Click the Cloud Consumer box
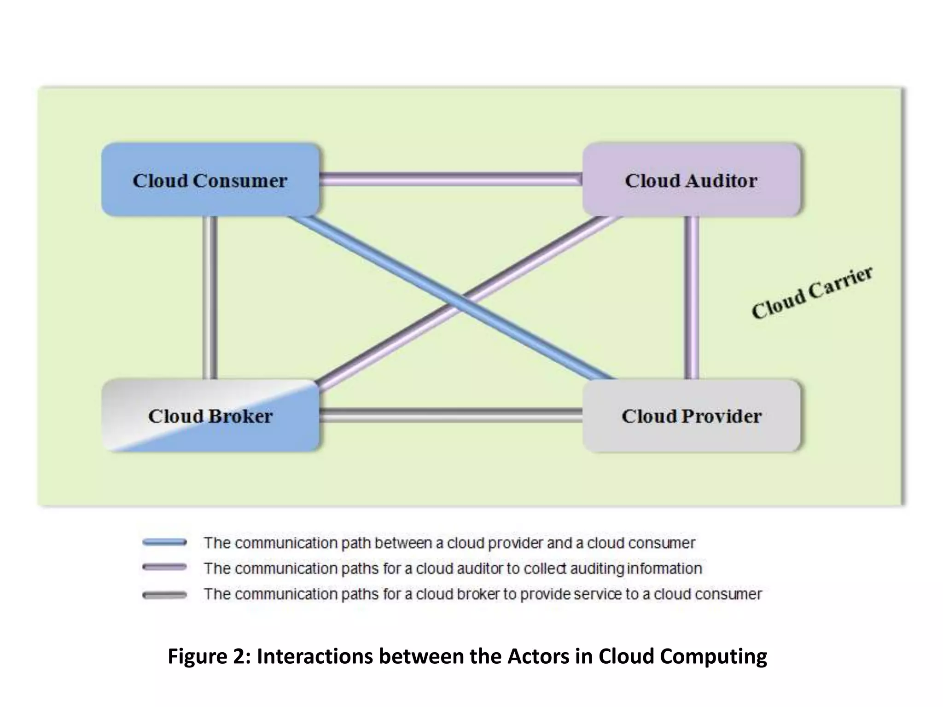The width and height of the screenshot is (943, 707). [x=210, y=180]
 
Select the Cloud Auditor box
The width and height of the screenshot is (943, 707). [x=691, y=180]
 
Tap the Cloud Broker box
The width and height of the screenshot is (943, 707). [x=210, y=416]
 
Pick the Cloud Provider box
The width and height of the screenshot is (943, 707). [x=691, y=416]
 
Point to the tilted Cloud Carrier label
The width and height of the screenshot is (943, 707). [x=811, y=293]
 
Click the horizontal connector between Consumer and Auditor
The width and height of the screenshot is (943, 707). [x=450, y=179]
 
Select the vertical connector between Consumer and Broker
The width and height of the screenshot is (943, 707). [x=210, y=297]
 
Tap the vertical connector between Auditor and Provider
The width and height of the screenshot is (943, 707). [x=691, y=297]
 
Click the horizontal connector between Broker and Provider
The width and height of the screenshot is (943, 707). [x=450, y=415]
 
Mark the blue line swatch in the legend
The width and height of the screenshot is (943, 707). [x=164, y=542]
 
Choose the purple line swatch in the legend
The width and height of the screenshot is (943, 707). [x=164, y=567]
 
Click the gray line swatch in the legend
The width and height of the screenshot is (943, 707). [x=164, y=595]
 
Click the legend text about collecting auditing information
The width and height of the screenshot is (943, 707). [x=453, y=568]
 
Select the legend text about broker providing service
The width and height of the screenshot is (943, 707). [x=483, y=594]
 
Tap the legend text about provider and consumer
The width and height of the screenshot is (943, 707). [x=449, y=543]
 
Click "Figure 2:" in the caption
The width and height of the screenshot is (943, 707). [x=209, y=656]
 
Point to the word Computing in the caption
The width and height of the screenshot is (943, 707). [x=713, y=656]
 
